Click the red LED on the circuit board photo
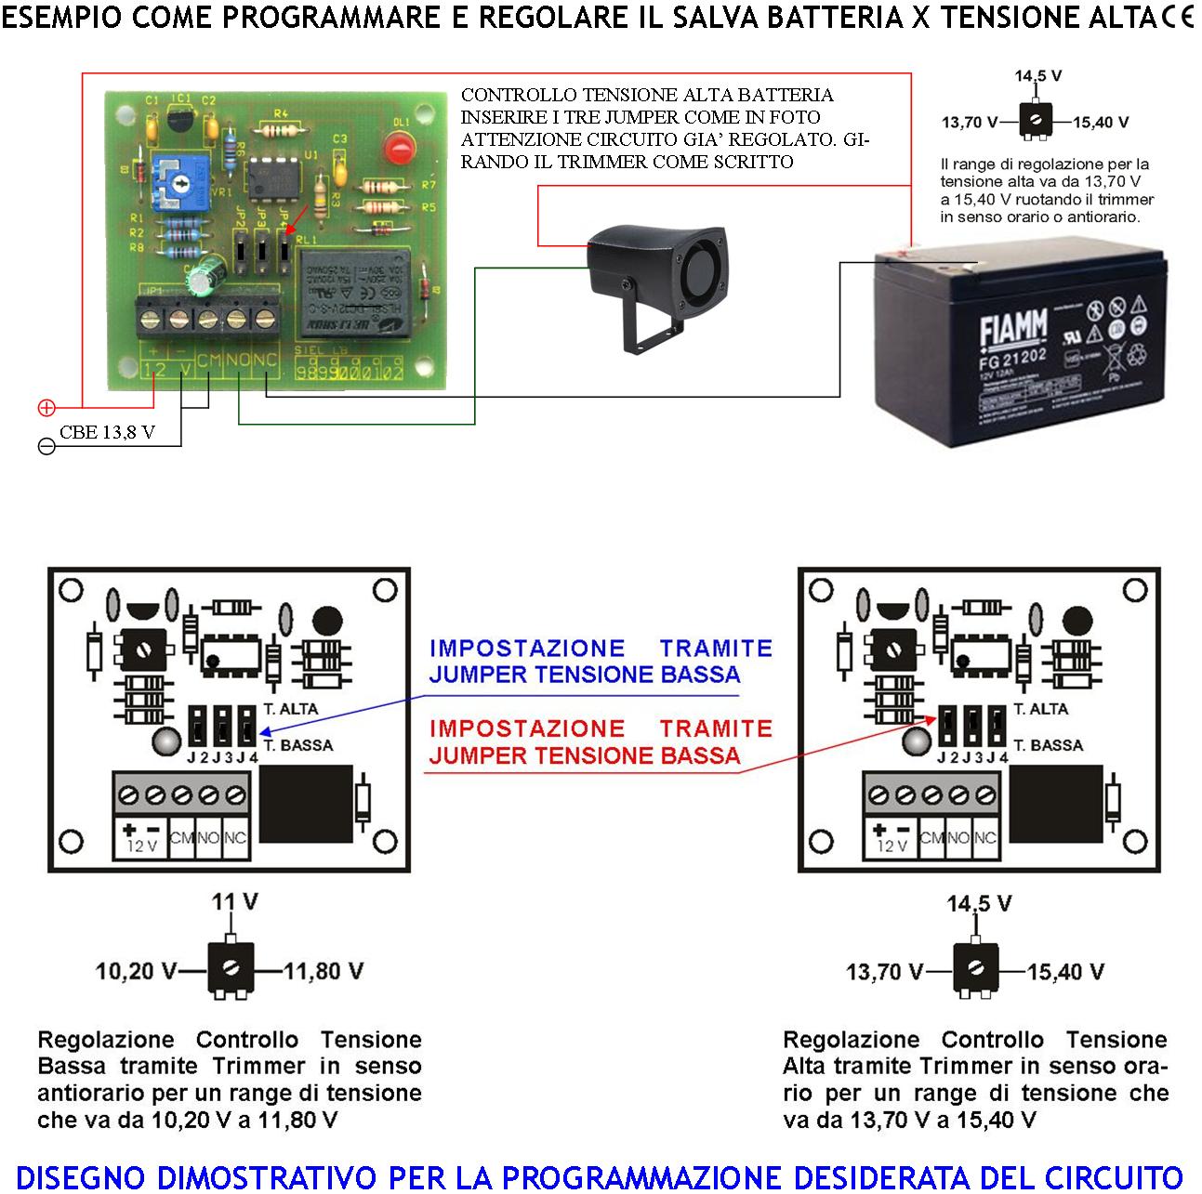pyautogui.click(x=398, y=147)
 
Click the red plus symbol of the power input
pyautogui.click(x=46, y=407)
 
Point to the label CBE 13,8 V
pyautogui.click(x=107, y=432)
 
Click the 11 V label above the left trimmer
pyautogui.click(x=234, y=901)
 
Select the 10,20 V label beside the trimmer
pyautogui.click(x=136, y=971)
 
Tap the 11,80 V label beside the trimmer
pyautogui.click(x=324, y=971)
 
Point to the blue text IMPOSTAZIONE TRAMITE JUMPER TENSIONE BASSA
pyautogui.click(x=600, y=661)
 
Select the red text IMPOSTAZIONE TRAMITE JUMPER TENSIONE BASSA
pyautogui.click(x=600, y=741)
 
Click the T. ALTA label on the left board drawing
pyautogui.click(x=290, y=709)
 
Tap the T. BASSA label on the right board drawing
pyautogui.click(x=1048, y=745)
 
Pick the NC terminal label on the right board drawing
pyautogui.click(x=985, y=837)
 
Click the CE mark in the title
pyautogui.click(x=1176, y=18)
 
